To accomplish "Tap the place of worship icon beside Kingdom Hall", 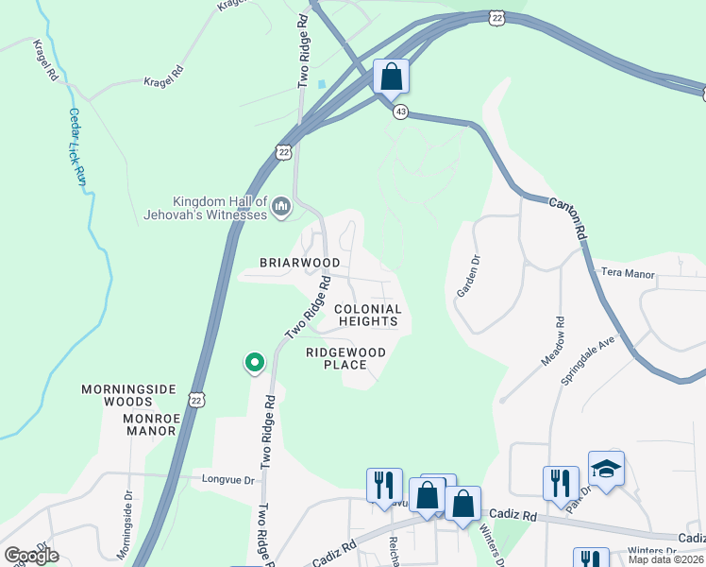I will coord(280,206).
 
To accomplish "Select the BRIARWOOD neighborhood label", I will coord(300,263).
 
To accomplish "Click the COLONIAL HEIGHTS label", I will coord(368,316).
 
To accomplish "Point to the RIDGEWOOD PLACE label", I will coord(345,358).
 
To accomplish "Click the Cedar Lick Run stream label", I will coord(78,146).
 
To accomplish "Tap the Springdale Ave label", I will coord(600,358).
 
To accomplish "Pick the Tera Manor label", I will coord(628,272).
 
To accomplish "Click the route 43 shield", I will coord(401,112).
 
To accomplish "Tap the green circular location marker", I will coord(254,362).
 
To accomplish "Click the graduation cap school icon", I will coord(606,469).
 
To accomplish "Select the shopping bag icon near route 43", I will coord(391,76).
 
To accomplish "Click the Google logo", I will coord(31,556).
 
